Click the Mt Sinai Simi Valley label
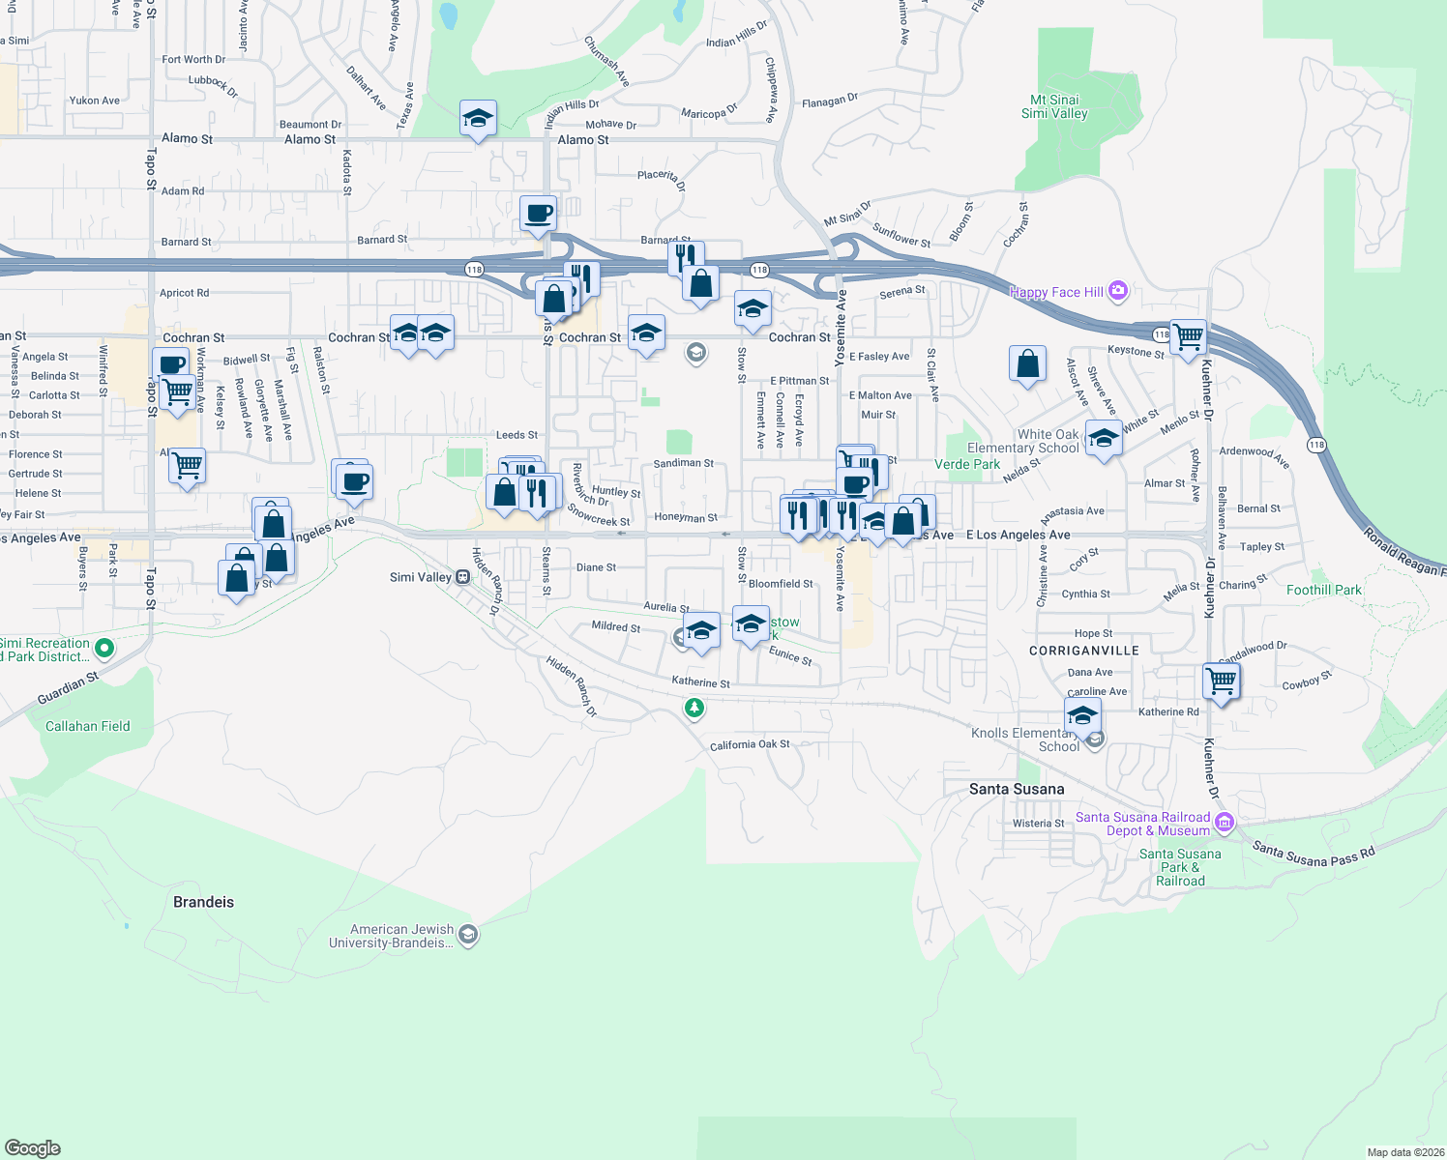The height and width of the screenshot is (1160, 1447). coord(1054,106)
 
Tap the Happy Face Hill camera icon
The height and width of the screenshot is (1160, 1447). coord(1118,290)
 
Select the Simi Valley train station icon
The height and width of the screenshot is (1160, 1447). coord(463,577)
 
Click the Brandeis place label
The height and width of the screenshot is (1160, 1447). coord(203,902)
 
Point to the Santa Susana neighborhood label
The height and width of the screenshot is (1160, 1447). coord(1017,789)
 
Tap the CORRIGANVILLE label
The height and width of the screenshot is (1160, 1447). coord(1084,651)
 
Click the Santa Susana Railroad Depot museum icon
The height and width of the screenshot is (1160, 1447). coord(1224,823)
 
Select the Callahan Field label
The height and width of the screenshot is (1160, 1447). coord(87,726)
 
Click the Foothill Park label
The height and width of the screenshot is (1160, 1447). coord(1323,590)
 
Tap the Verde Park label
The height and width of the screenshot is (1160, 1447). coord(967,464)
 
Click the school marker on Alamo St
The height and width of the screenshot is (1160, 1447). coord(478,119)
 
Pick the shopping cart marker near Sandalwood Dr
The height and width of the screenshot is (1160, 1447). coord(1221,681)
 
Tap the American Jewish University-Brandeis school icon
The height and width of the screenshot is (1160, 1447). coord(468,935)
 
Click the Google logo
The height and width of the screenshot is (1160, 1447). coord(32,1147)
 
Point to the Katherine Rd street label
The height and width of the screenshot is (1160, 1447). coord(1168,711)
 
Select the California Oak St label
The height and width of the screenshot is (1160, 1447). coord(750,744)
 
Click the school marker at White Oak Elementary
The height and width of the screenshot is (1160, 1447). coord(1103,438)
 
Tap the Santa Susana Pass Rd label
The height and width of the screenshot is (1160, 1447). coord(1313,855)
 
